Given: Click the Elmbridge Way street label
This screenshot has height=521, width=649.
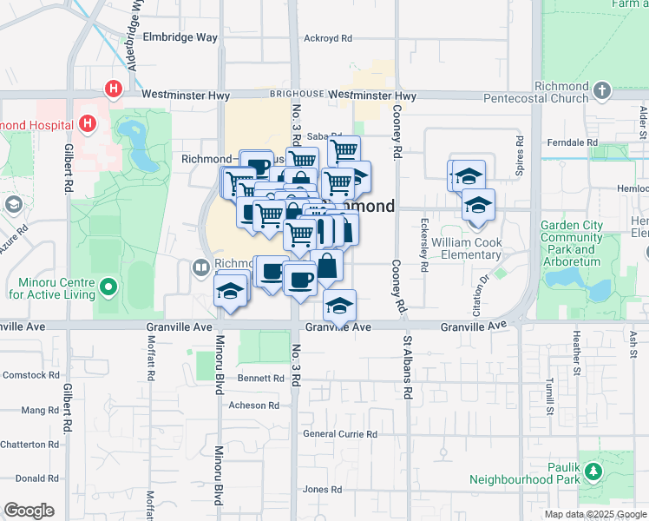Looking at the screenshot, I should (180, 37).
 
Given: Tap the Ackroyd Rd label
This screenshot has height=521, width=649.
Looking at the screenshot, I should (328, 38).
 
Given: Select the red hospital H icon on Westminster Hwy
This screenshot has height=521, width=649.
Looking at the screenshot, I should (113, 89).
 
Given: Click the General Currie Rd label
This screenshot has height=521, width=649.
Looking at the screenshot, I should (340, 434).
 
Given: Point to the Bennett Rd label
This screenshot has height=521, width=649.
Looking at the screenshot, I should (261, 379).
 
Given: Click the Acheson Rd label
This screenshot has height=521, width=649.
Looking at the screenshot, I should (253, 406).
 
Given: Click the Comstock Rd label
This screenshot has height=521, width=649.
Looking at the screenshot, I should (30, 375).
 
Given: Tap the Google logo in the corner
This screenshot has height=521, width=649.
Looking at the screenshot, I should (29, 511).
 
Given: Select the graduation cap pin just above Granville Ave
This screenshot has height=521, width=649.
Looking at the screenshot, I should (340, 305).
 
